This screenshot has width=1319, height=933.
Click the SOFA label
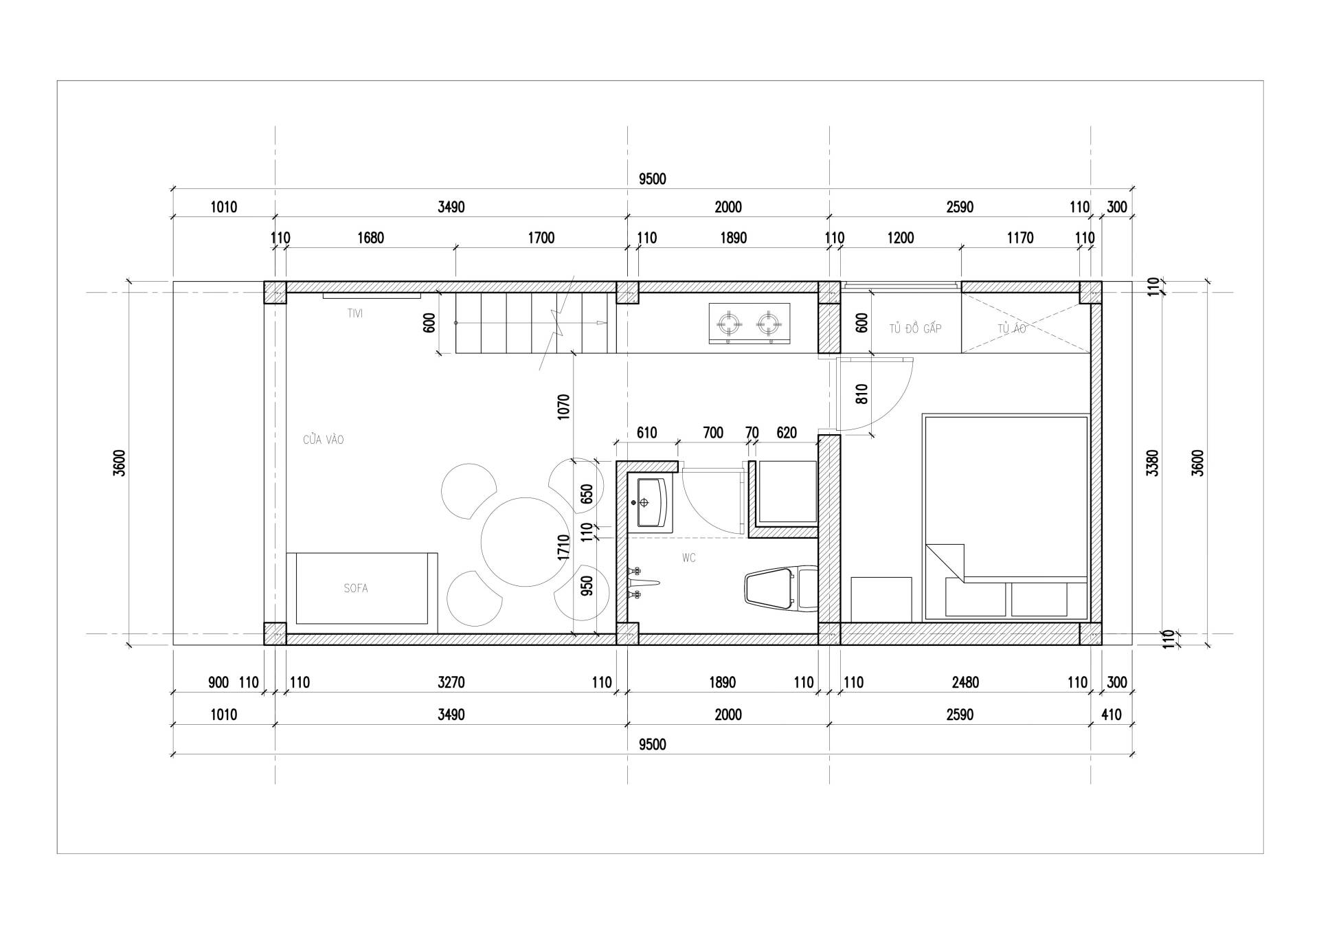[356, 588]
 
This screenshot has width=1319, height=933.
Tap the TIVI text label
[355, 313]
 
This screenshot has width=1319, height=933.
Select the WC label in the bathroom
[689, 558]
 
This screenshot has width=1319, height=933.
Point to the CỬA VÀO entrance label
[323, 440]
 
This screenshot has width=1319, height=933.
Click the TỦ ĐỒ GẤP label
[915, 328]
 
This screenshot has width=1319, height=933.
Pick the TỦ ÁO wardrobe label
[1012, 328]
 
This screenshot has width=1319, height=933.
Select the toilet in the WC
[781, 589]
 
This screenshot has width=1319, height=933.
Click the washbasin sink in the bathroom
[650, 502]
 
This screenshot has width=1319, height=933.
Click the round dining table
[526, 542]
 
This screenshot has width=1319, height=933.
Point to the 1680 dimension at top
[370, 238]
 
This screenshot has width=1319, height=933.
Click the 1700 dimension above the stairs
[541, 238]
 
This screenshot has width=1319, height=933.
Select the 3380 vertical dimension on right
[1153, 462]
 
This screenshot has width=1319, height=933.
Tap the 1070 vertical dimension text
[563, 407]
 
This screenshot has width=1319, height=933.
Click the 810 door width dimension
[863, 394]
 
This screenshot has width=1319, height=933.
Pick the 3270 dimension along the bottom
[451, 682]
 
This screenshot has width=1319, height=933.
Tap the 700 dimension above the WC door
[713, 432]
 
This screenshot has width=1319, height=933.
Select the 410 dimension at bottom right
[1111, 715]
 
